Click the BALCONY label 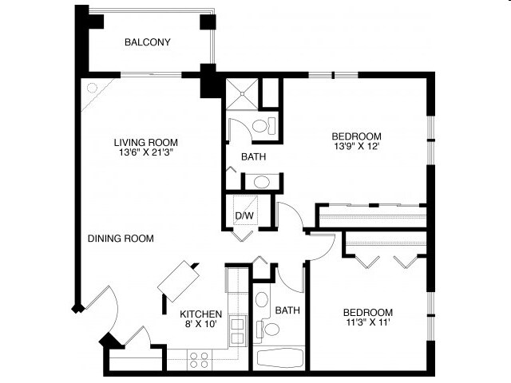(x=148, y=43)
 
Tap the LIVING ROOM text (x=145, y=143)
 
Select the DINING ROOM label (x=121, y=238)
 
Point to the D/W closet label (x=244, y=215)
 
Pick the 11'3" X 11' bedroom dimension (x=367, y=322)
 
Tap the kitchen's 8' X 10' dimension (x=200, y=324)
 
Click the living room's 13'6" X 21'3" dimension (x=145, y=153)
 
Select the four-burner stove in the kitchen (x=199, y=360)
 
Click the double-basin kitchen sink (x=237, y=330)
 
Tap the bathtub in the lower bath (x=279, y=358)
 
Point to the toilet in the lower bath (x=271, y=330)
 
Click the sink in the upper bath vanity (x=263, y=181)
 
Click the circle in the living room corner (x=91, y=88)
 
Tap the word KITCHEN (x=200, y=314)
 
